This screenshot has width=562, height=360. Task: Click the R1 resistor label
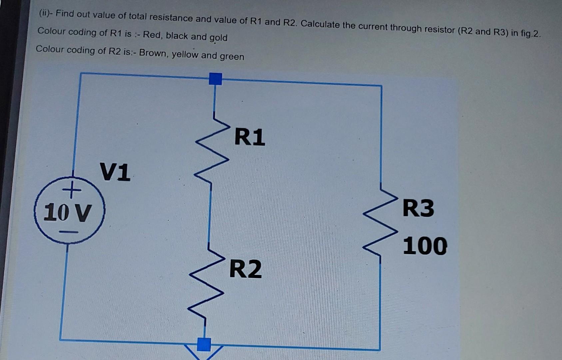pyautogui.click(x=250, y=137)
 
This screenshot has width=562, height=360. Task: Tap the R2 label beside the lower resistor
pyautogui.click(x=246, y=269)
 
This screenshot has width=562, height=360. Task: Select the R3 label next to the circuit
pyautogui.click(x=418, y=208)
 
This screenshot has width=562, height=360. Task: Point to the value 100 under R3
pyautogui.click(x=425, y=246)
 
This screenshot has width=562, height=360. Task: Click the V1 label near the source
pyautogui.click(x=115, y=172)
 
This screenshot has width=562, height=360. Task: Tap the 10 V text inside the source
pyautogui.click(x=67, y=212)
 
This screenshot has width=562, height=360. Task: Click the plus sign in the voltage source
pyautogui.click(x=71, y=190)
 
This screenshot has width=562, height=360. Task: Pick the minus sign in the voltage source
pyautogui.click(x=69, y=232)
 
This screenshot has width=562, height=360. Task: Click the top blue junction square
pyautogui.click(x=215, y=79)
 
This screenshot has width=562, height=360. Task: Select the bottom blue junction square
pyautogui.click(x=204, y=344)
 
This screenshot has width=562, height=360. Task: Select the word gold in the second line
pyautogui.click(x=218, y=38)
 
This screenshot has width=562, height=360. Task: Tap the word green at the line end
pyautogui.click(x=232, y=56)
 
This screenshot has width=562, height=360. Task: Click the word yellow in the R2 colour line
pyautogui.click(x=185, y=54)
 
